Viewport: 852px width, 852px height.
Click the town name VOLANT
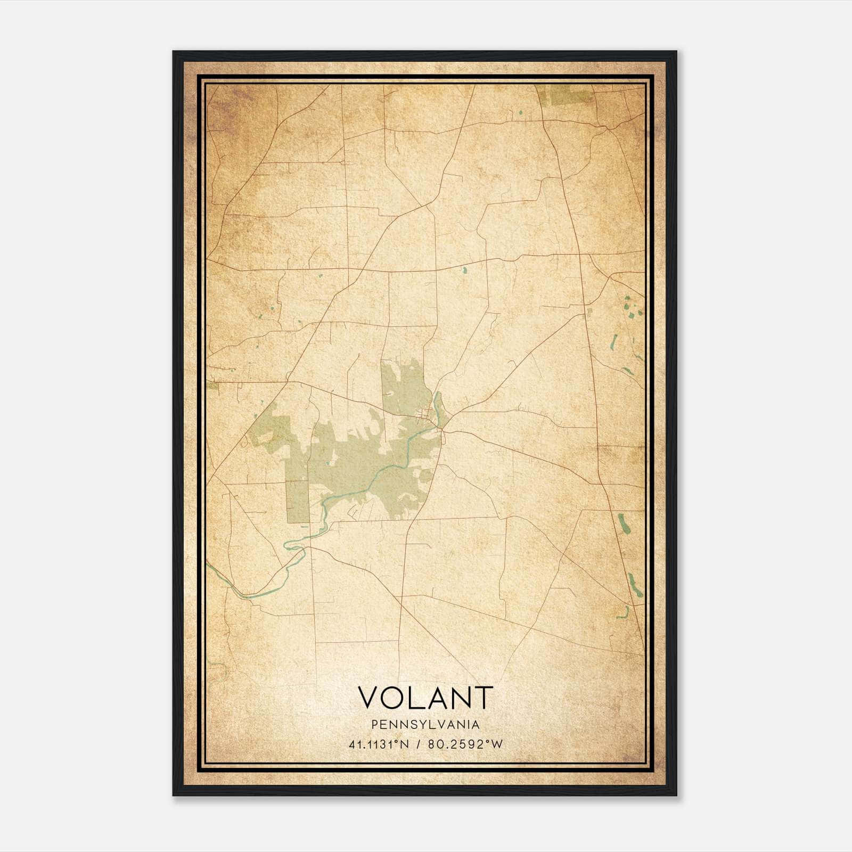(x=425, y=697)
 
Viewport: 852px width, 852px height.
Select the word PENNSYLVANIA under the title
(x=425, y=725)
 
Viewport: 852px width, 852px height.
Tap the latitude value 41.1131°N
(x=379, y=744)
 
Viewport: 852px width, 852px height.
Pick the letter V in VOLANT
(x=368, y=697)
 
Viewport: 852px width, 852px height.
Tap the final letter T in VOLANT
(x=484, y=697)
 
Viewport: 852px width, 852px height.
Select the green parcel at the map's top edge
(x=563, y=95)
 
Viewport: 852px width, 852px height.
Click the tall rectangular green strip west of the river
(x=298, y=495)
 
